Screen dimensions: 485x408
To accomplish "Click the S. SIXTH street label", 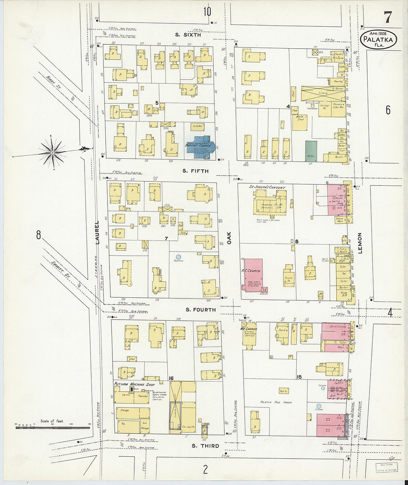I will click(x=188, y=35).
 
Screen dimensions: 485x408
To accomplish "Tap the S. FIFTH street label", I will click(x=195, y=171).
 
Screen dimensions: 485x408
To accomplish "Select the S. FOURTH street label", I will click(x=200, y=310).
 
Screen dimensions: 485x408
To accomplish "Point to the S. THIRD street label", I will click(x=205, y=446).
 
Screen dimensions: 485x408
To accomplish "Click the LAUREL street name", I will click(x=97, y=233).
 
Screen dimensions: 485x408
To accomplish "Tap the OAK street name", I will click(x=229, y=238).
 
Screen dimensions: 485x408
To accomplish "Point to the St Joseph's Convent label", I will click(x=267, y=187).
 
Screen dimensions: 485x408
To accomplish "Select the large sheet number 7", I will click(x=387, y=17).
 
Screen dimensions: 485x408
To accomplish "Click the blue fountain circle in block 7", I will click(x=178, y=257).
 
